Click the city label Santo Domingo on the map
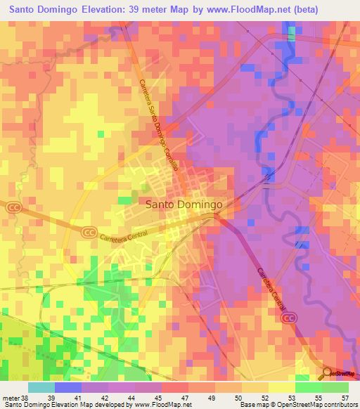pos(185,204)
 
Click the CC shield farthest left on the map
pos(13,207)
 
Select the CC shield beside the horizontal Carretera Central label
pos(89,231)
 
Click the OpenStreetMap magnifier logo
pos(328,373)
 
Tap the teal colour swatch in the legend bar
pos(41,387)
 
